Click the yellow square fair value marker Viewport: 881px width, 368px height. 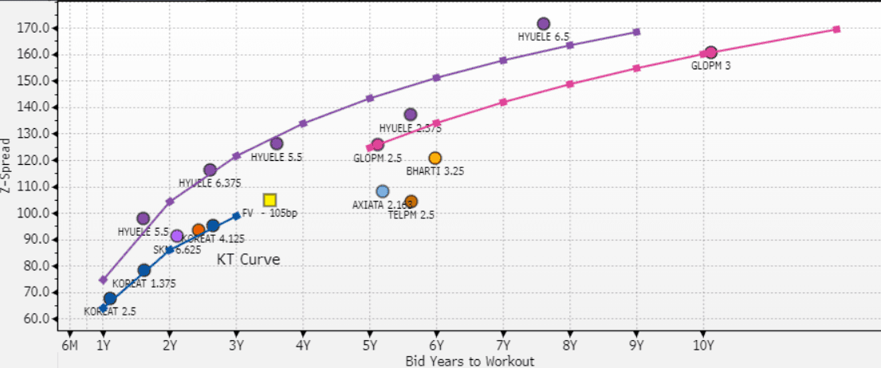point(269,200)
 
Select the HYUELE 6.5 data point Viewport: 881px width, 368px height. point(544,24)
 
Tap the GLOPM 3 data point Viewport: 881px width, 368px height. point(711,53)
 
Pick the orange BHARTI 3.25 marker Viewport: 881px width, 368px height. point(435,158)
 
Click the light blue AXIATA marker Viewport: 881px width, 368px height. point(383,191)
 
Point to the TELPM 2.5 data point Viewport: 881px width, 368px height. point(411,202)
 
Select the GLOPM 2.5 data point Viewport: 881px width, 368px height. point(378,145)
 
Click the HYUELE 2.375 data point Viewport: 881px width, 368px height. point(411,115)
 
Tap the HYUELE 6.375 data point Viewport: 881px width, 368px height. point(210,170)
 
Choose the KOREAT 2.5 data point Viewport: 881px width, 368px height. point(110,299)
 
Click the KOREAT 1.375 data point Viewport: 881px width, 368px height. point(144,270)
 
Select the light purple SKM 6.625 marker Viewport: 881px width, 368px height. point(177,236)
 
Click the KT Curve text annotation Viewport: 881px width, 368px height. point(249,260)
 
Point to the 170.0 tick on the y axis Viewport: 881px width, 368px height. point(36,28)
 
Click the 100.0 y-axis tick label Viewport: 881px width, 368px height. point(36,213)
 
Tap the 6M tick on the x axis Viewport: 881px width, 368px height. point(69,345)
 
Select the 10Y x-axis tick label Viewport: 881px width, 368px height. point(702,345)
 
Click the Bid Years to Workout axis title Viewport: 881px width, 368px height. point(470,361)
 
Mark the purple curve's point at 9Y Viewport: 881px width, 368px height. point(636,32)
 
